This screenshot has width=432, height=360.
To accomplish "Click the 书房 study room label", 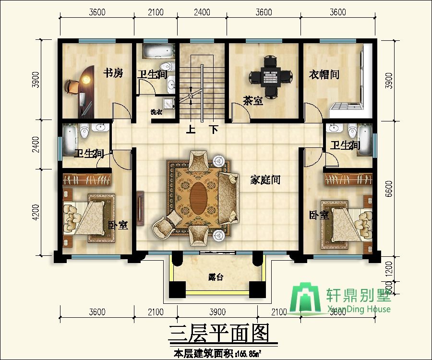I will click(x=114, y=73).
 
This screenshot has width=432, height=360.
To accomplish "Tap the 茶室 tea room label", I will click(x=252, y=101).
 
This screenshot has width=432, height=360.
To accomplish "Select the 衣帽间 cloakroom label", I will click(x=324, y=74).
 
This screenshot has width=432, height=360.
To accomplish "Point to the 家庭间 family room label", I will click(x=265, y=180).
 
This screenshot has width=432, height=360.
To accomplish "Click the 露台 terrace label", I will click(x=216, y=277).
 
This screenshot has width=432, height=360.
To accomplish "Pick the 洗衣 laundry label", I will click(x=156, y=112).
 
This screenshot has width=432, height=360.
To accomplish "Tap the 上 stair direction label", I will click(x=191, y=130).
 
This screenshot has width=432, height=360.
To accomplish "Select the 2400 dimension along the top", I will click(x=202, y=12).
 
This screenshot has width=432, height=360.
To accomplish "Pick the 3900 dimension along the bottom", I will click(x=217, y=312).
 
